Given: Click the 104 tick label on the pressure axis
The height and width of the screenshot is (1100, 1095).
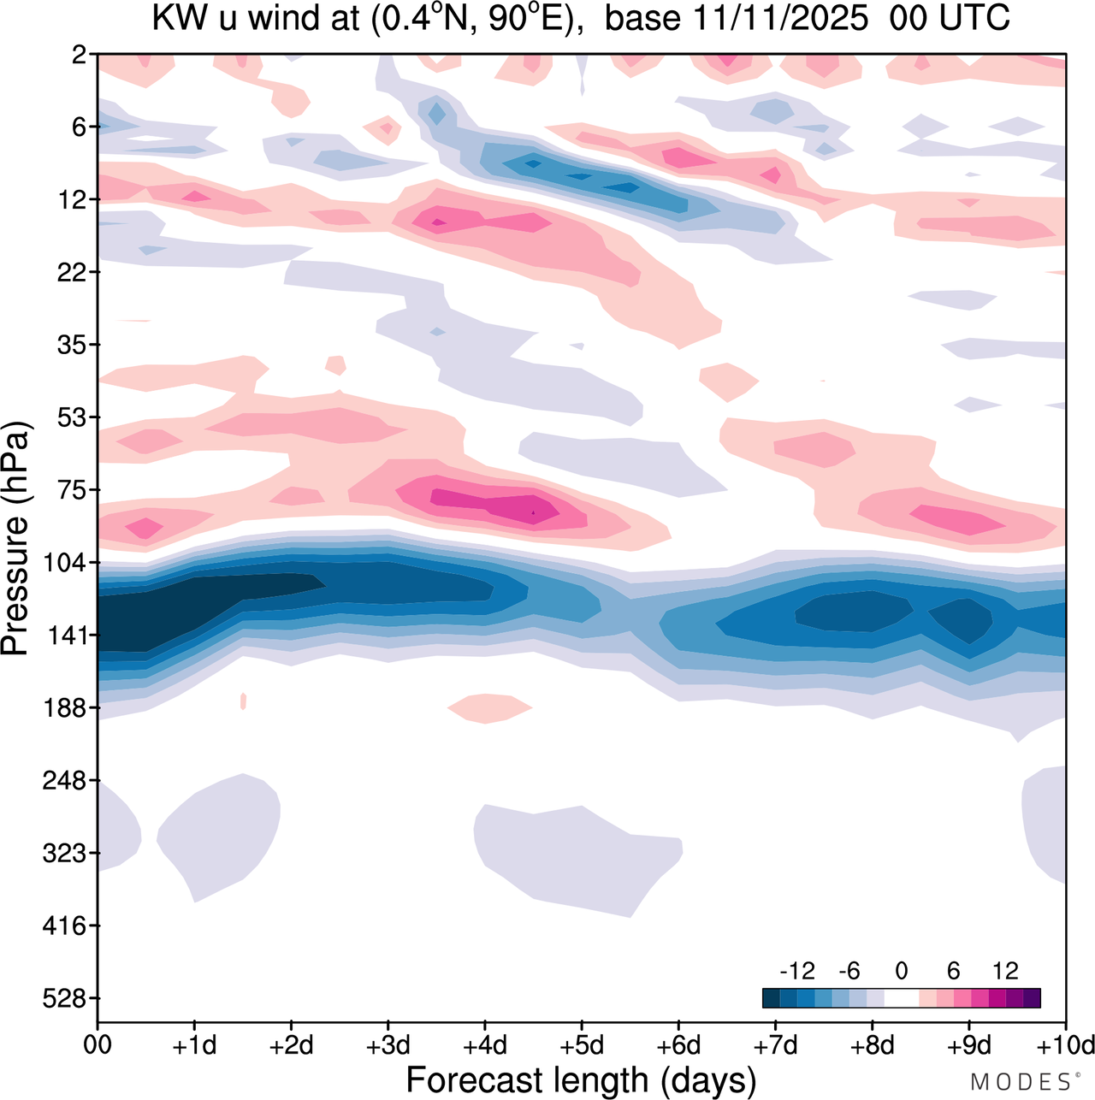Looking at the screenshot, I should tap(70, 563).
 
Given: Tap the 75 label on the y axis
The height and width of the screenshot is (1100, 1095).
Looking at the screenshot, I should tap(76, 490).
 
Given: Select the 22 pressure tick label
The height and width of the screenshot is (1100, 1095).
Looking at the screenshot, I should tap(76, 273).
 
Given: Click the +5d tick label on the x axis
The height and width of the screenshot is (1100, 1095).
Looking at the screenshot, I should tap(582, 1046).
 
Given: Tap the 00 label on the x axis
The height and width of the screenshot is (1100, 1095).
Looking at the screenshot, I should tap(98, 1046).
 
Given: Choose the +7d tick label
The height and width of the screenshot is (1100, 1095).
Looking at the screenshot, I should tap(776, 1046).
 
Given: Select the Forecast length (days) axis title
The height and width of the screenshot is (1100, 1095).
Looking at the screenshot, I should tap(581, 1080).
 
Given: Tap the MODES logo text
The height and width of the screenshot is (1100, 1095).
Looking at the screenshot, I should tap(1021, 1082).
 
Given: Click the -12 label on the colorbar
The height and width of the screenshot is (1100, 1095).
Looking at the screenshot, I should tap(797, 972).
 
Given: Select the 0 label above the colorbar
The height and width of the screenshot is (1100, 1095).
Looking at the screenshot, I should tap(902, 972).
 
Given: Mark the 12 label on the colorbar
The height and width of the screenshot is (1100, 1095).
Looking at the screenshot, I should tap(1006, 972).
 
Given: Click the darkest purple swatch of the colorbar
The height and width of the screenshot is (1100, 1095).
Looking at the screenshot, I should tap(1032, 998).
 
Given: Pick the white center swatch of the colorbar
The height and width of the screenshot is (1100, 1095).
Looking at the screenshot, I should tap(902, 998).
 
